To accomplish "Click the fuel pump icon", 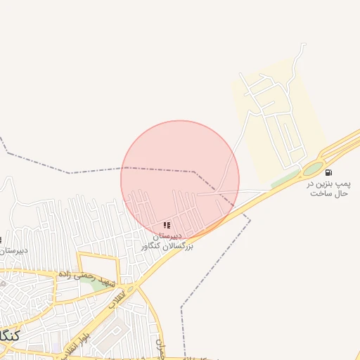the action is coord(328,172).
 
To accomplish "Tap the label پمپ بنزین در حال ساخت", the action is coord(327,188).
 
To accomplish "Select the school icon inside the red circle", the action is coord(167,226).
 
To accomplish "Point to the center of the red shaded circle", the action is coord(180,180).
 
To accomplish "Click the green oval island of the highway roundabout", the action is coord(313,169).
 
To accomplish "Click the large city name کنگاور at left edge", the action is coord(8,334).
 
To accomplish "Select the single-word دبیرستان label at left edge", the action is coord(13,250).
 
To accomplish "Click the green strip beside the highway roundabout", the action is coord(284,180).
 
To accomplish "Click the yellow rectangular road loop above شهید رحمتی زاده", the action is coord(98,262).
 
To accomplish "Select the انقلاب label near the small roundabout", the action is coord(117,298).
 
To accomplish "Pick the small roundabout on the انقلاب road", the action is coord(129,288).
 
